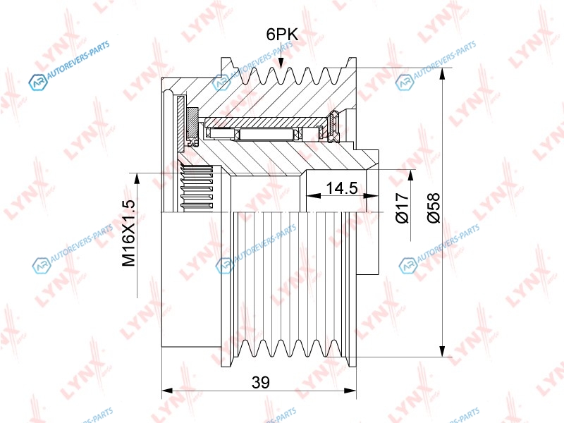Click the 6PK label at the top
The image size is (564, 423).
tap(282, 35)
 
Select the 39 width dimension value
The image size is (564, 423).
tap(260, 382)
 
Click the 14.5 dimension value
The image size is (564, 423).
tap(342, 188)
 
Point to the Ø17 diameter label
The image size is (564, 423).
tap(403, 208)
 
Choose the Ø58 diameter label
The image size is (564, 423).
tap(434, 208)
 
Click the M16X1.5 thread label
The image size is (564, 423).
tap(129, 233)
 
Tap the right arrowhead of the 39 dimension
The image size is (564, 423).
tap(350, 391)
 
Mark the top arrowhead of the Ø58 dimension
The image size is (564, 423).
tap(443, 74)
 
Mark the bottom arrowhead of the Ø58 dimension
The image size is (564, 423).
tap(443, 350)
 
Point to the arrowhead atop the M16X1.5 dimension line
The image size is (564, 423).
tap(137, 180)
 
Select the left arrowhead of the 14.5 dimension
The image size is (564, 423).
tap(313, 196)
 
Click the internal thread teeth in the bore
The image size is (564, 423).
tap(197, 188)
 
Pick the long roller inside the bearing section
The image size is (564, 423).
tap(265, 134)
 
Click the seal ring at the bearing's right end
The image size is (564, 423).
tap(334, 127)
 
